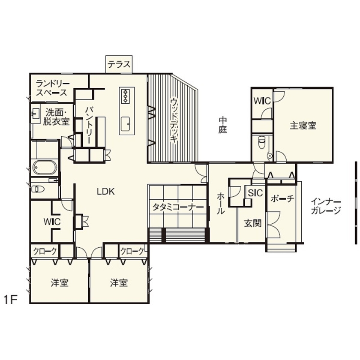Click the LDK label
pyautogui.click(x=105, y=192)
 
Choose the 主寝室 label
pyautogui.click(x=303, y=126)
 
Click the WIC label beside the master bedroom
pyautogui.click(x=261, y=101)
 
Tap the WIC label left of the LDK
pyautogui.click(x=52, y=222)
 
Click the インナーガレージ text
pyautogui.click(x=326, y=206)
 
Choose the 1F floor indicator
pyautogui.click(x=10, y=299)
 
